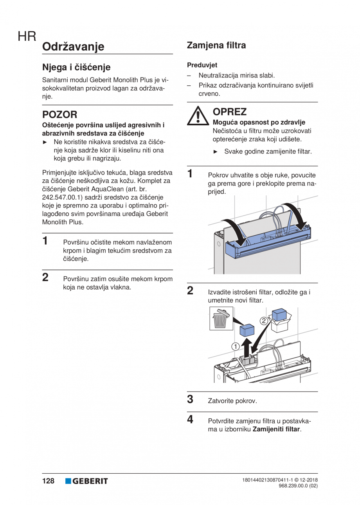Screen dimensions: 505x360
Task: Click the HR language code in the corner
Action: (27, 37)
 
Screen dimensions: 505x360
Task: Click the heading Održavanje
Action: (73, 47)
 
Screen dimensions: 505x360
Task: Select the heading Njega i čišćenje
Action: (76, 67)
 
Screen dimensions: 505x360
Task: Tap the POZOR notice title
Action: (59, 115)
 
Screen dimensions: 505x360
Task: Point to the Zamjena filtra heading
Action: (216, 45)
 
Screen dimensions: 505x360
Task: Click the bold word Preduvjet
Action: (202, 65)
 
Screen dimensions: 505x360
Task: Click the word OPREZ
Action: (230, 112)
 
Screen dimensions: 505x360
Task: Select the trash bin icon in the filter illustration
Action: (221, 318)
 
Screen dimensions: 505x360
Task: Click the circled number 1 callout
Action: (235, 346)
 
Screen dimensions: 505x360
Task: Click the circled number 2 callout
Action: (264, 320)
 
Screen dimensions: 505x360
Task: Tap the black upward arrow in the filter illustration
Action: (246, 346)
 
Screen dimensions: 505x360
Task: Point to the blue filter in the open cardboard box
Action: (279, 315)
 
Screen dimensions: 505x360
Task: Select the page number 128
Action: (48, 481)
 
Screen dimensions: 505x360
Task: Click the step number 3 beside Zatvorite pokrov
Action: (190, 399)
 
